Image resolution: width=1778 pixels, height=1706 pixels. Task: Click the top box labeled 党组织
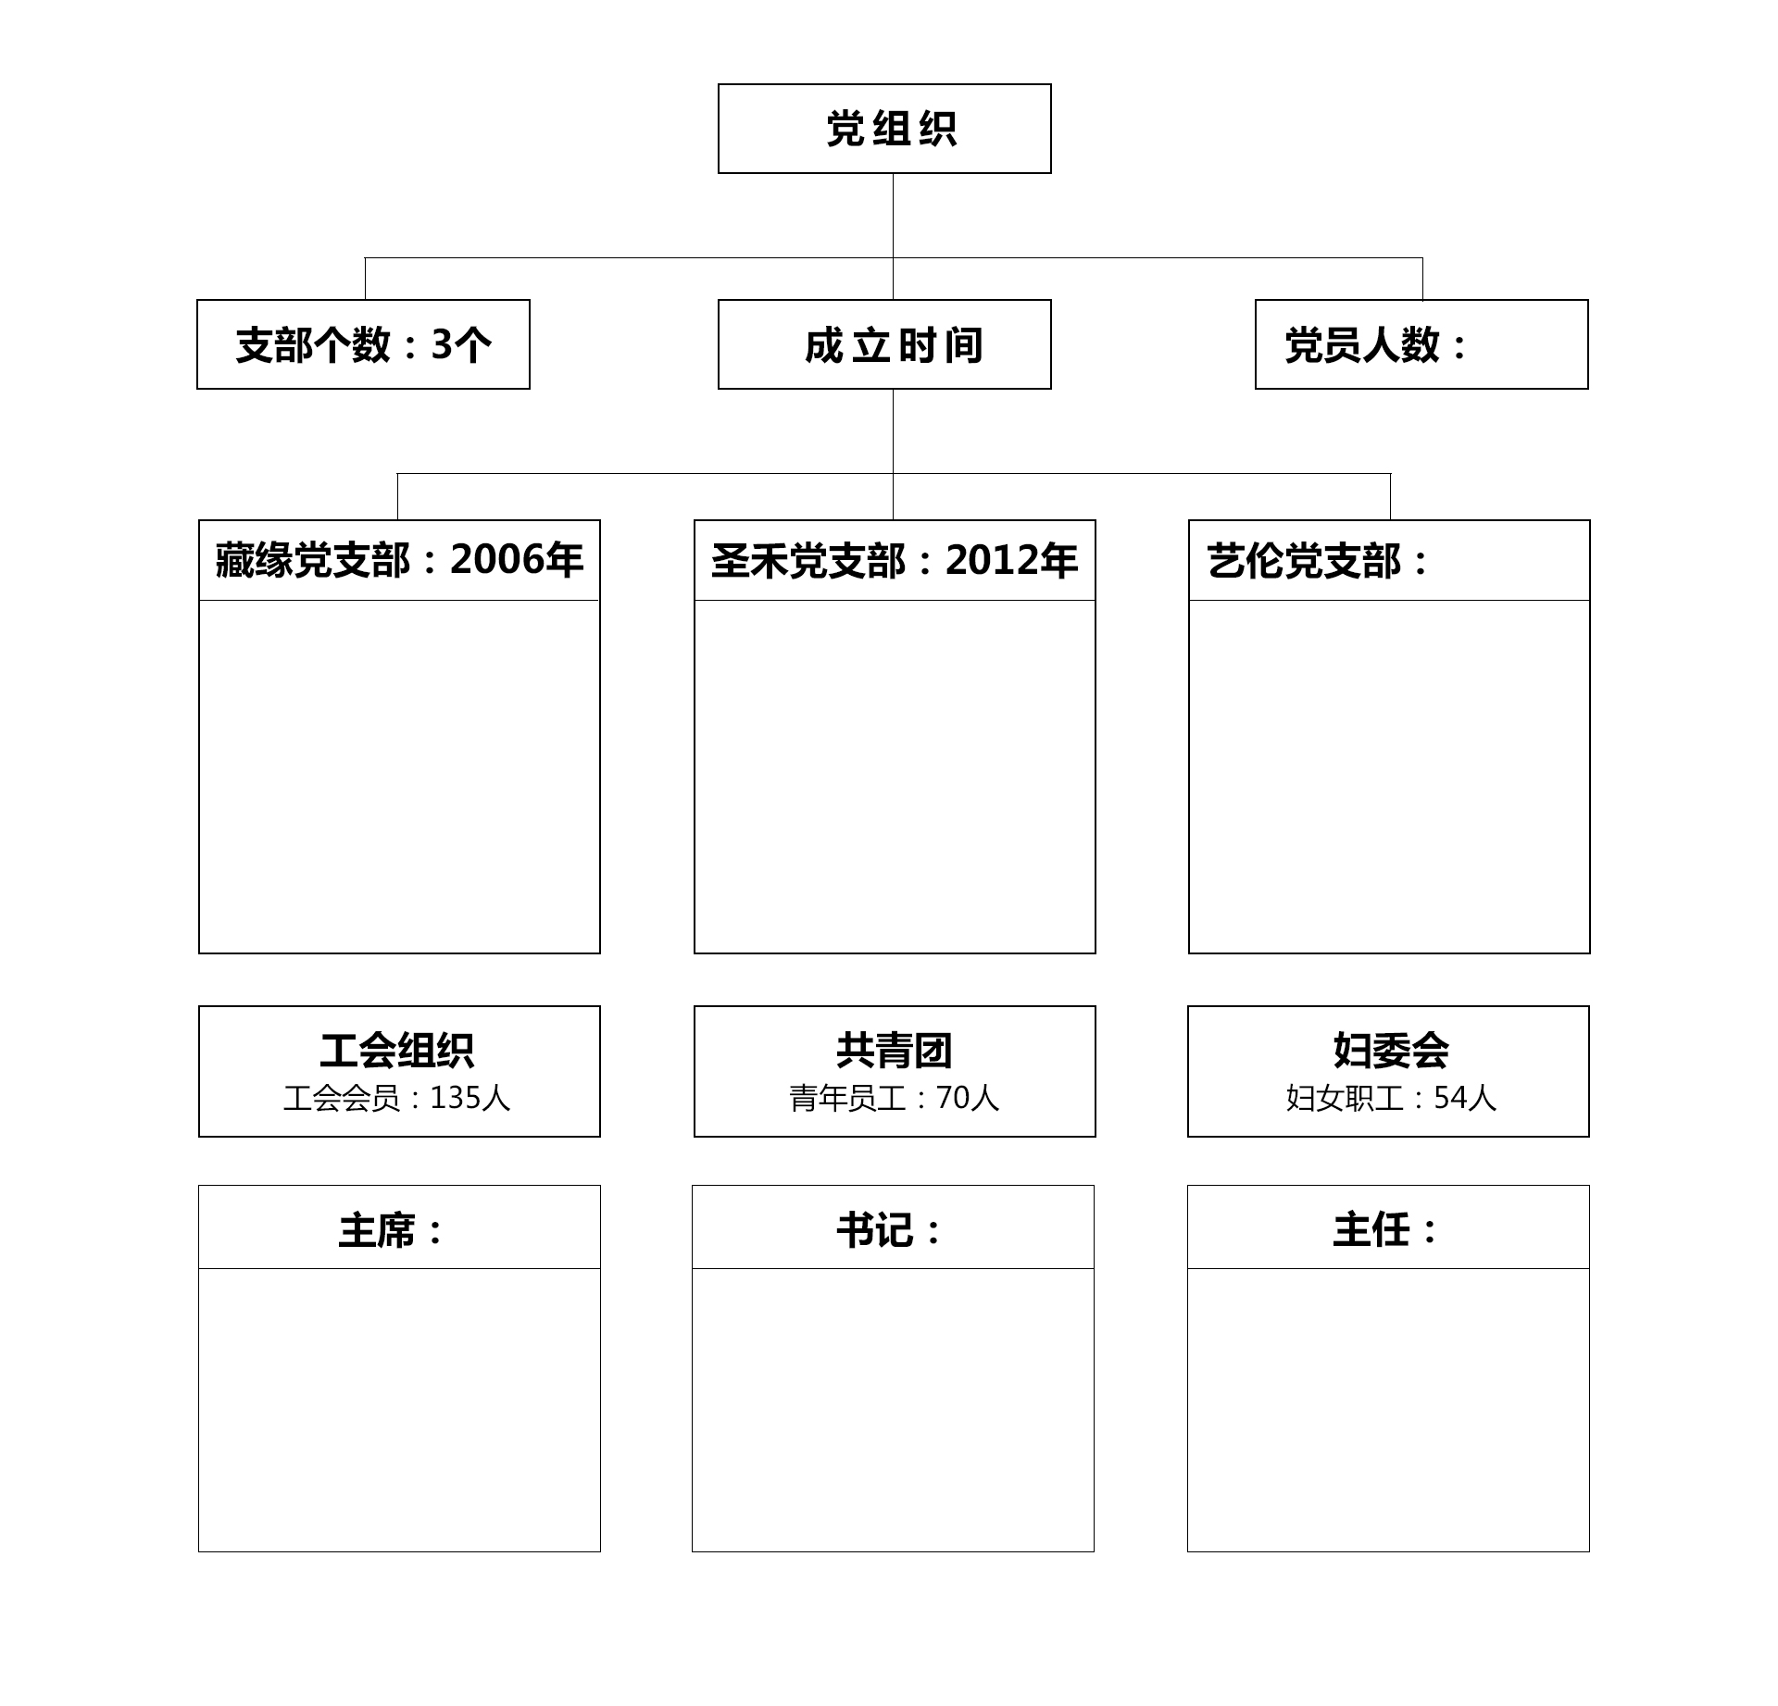(884, 129)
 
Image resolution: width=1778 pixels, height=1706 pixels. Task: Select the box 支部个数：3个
(363, 344)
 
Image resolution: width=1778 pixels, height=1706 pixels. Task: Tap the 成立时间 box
(884, 344)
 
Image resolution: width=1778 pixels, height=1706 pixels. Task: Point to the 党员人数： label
(1376, 345)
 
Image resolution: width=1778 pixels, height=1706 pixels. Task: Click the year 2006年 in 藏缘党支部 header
(517, 560)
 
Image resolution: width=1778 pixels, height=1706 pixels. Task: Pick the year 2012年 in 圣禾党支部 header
(1012, 560)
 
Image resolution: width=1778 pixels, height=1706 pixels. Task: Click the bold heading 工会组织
(397, 1051)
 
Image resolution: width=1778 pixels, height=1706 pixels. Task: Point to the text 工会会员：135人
(397, 1098)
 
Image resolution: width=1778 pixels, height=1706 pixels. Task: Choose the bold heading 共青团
(894, 1051)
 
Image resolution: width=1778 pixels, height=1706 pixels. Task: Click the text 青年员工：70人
(894, 1098)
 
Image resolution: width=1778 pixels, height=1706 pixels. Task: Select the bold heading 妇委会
(1391, 1051)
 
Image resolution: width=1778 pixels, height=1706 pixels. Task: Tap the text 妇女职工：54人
(1391, 1098)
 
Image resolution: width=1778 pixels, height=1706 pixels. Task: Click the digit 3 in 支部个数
(442, 345)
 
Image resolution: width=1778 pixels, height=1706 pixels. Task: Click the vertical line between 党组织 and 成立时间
(893, 236)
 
